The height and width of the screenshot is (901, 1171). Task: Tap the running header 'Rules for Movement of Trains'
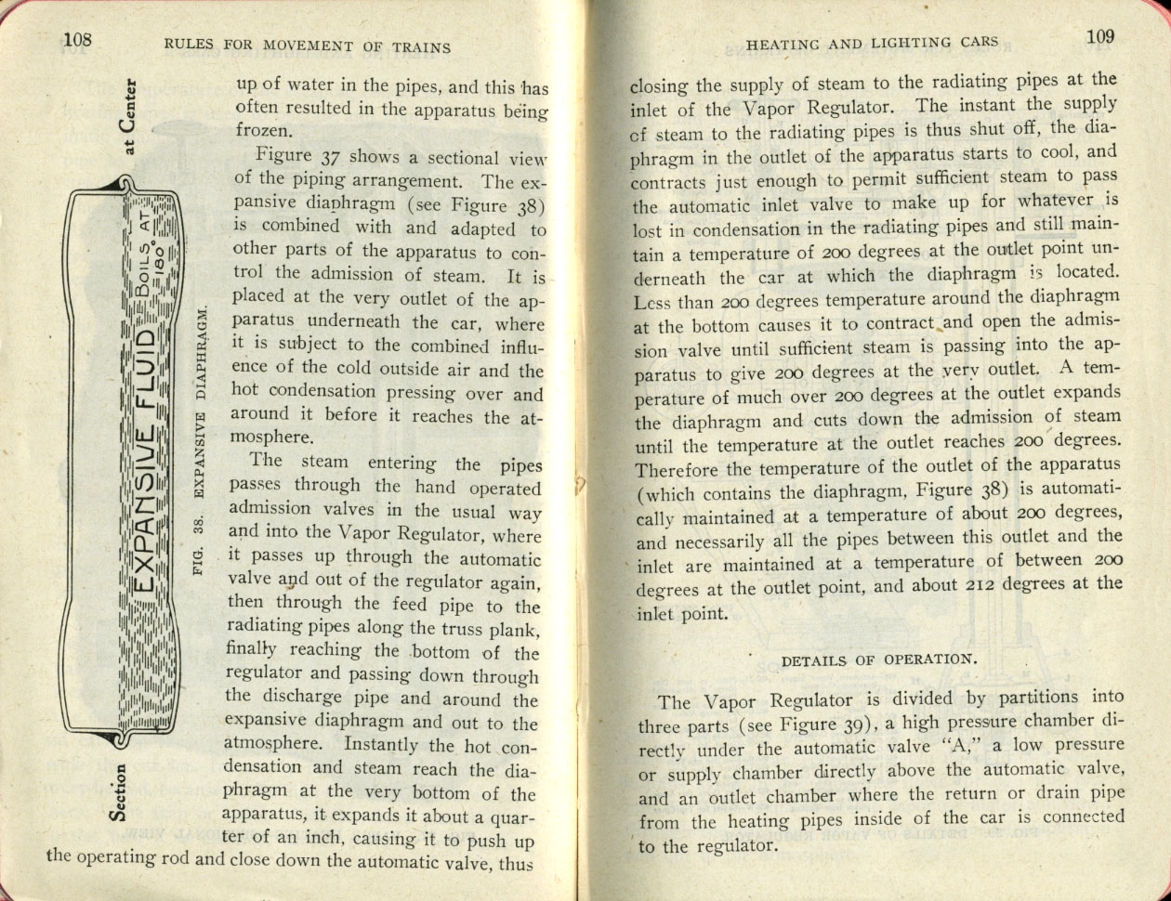click(x=306, y=46)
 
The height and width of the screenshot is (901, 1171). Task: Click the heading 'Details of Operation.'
click(x=877, y=660)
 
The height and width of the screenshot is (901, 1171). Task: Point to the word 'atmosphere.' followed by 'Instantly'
click(x=278, y=745)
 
